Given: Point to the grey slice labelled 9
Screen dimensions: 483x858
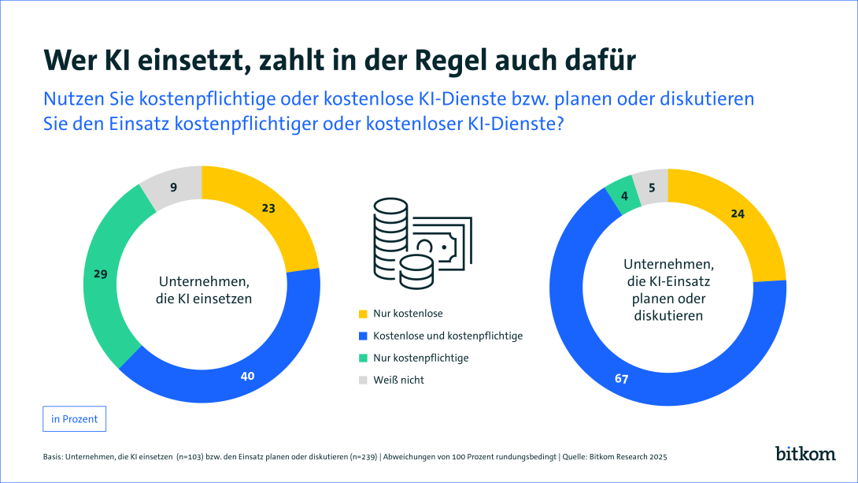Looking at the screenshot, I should [x=174, y=188].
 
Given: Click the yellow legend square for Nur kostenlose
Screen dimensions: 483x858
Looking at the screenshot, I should [x=362, y=314].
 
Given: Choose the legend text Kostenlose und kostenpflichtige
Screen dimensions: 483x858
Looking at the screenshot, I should [x=448, y=336].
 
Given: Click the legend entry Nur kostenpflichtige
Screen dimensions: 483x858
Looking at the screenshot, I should [x=421, y=358].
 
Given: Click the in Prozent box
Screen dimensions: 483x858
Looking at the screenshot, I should [x=74, y=419].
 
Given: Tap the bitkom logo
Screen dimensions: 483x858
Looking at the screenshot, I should [x=804, y=454].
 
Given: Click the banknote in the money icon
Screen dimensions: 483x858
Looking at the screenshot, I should [x=445, y=240].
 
